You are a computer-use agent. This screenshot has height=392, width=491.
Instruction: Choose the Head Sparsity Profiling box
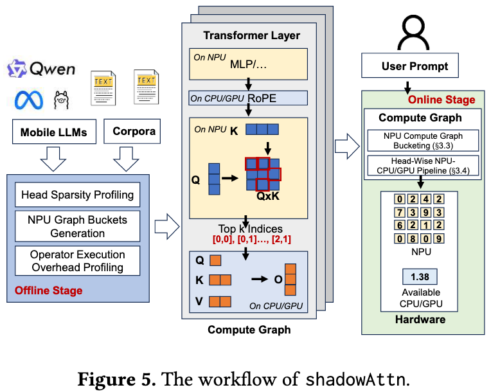coord(78,195)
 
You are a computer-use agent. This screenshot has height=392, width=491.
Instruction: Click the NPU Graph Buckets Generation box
coord(78,226)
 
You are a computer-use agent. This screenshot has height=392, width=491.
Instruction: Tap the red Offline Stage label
coord(49,290)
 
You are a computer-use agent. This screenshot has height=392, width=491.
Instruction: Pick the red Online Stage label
coord(442,100)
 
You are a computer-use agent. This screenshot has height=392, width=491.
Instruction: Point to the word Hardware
coord(420,319)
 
